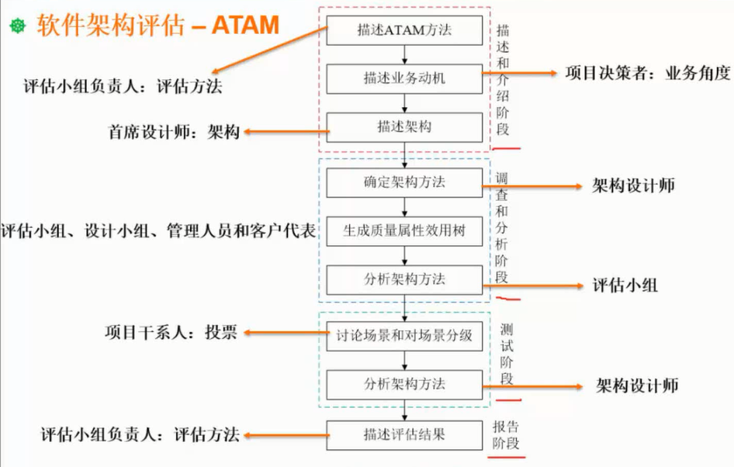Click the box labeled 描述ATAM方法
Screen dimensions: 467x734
pos(404,31)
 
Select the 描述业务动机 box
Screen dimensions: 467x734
pos(404,78)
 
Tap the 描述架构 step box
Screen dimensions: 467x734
pos(404,127)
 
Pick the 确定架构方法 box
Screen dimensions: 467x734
pos(404,183)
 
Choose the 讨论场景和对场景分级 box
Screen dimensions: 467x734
pos(404,336)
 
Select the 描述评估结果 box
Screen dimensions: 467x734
pos(404,434)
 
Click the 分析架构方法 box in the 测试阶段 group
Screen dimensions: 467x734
pos(404,384)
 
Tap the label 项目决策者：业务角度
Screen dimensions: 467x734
pos(647,74)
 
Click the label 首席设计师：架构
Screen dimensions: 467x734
pos(174,132)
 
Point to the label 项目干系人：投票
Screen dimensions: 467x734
pos(171,332)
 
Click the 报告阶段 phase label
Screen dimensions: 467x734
pos(505,435)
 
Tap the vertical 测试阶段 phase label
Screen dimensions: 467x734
pos(506,353)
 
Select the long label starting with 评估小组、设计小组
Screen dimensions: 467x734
pos(158,230)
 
